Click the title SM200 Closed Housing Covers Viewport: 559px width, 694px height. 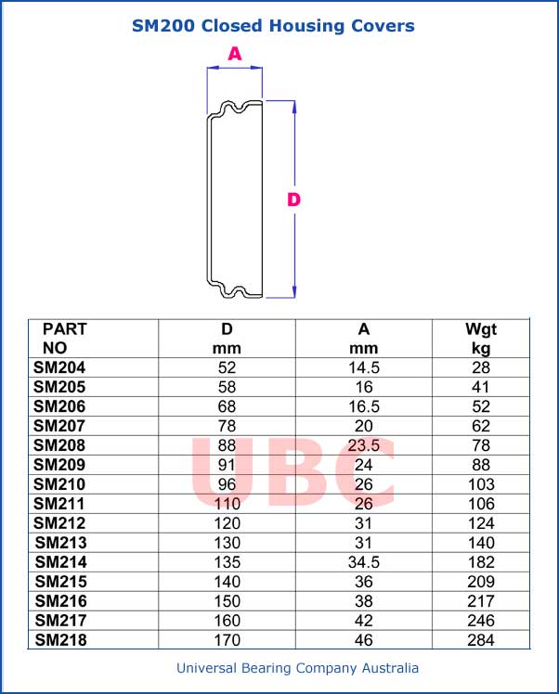click(273, 26)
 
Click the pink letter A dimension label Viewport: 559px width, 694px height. click(235, 55)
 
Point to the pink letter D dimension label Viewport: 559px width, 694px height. click(293, 199)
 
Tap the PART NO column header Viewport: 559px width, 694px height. click(64, 339)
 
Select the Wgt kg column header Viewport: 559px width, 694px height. click(481, 339)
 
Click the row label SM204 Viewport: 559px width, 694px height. click(58, 367)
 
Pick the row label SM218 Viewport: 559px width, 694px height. click(60, 640)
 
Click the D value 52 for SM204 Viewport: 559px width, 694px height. click(227, 367)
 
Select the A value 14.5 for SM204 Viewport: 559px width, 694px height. click(364, 367)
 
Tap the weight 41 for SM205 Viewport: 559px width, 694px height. click(481, 387)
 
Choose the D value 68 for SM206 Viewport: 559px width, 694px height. click(227, 406)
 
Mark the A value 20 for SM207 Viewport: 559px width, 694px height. click(364, 426)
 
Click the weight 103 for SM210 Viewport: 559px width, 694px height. click(481, 484)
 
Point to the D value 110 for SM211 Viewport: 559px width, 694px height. click(227, 504)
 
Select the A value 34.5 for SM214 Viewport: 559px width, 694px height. click(364, 562)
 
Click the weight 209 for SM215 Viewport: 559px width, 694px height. click(481, 582)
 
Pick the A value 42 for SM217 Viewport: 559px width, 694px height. click(364, 621)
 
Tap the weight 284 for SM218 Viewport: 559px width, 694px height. click(481, 640)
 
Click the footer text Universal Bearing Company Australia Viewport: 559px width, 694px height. click(297, 668)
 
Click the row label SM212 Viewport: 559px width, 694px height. click(60, 523)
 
